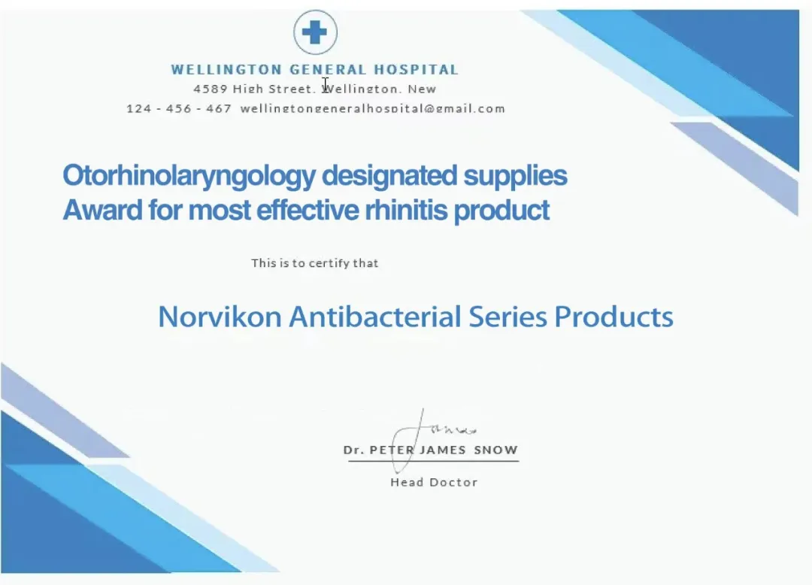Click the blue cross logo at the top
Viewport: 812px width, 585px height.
315,32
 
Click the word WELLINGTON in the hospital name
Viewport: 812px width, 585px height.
226,69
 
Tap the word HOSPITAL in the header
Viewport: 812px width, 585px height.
416,69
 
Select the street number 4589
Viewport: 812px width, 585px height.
211,89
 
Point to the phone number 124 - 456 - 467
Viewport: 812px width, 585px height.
179,108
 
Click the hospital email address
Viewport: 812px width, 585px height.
372,108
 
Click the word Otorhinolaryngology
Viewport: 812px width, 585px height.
189,176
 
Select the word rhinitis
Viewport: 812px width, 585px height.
406,211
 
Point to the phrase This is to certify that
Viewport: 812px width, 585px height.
315,263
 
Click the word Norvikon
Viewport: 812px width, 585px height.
220,317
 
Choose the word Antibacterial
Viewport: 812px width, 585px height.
375,317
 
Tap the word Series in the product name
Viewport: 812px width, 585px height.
507,317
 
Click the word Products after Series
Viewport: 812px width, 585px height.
614,317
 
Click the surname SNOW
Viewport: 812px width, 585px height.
495,450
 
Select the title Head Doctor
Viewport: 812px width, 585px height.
434,483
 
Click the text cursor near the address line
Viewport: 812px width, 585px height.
326,84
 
